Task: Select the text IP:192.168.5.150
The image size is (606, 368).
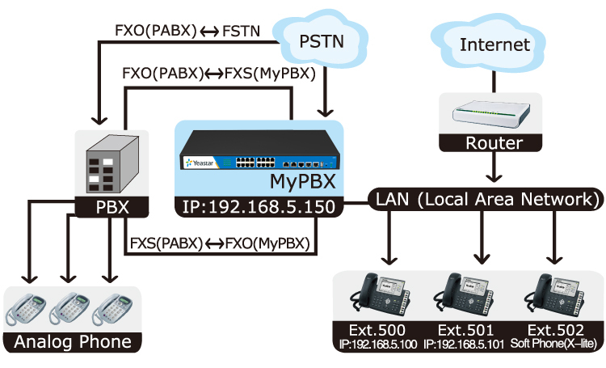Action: point(259,209)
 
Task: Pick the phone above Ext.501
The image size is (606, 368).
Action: point(470,296)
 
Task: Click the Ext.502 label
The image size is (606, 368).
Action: point(557,330)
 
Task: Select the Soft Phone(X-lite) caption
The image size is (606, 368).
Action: point(557,345)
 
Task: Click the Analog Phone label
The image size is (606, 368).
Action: point(73,342)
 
